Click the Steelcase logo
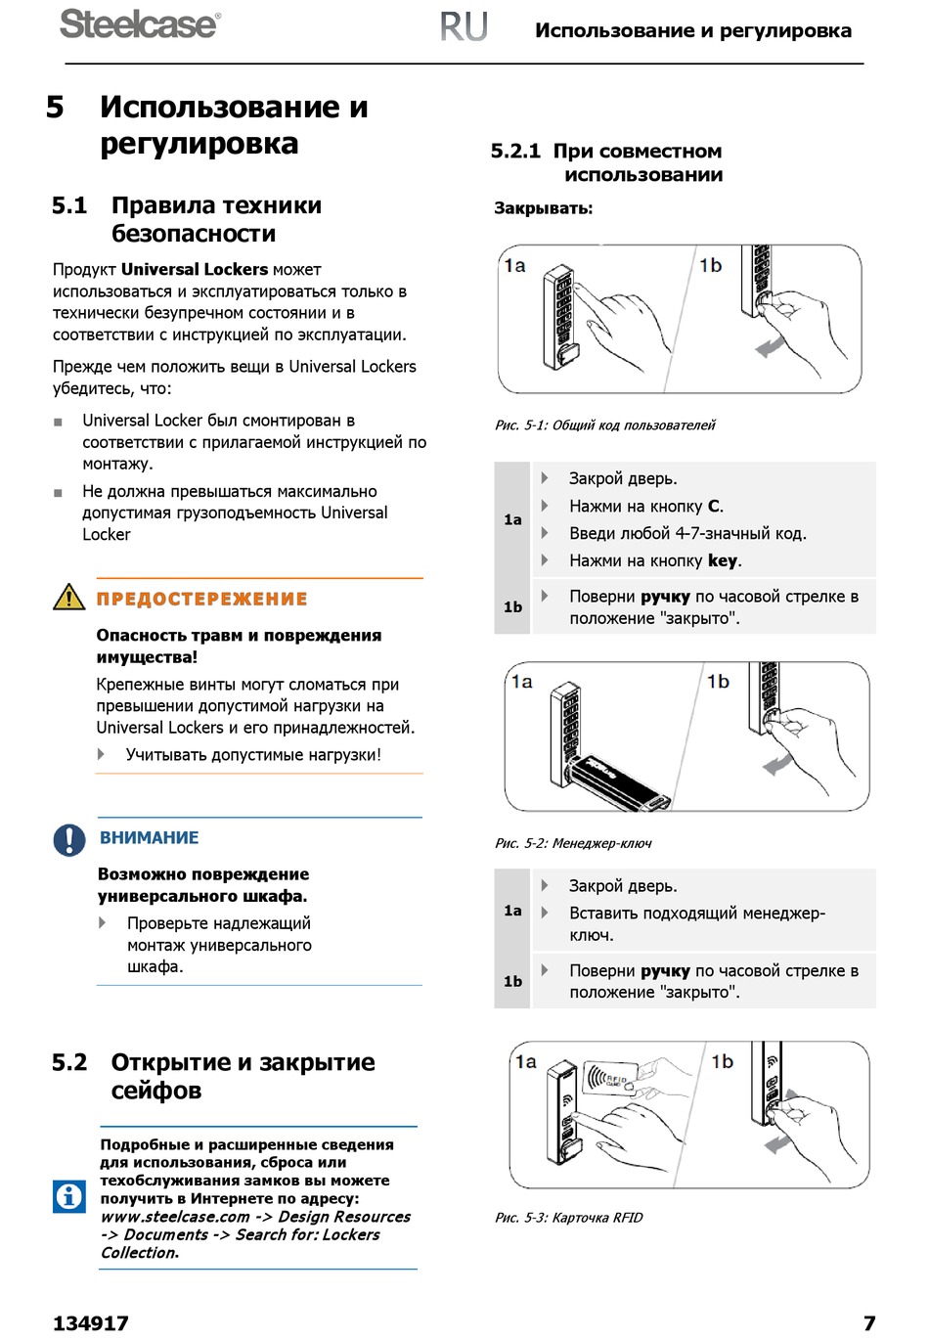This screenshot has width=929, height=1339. pos(140,24)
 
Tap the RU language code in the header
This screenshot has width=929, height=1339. pos(464,27)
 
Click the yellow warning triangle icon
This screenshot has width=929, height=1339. pos(69,597)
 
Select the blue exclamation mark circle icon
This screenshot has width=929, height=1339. pos(69,839)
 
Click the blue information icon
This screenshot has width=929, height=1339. pos(69,1195)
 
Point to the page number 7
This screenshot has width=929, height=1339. pos(868,1323)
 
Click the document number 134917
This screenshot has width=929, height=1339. pos(90,1323)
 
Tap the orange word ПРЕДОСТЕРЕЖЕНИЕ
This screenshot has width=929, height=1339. pos(201,599)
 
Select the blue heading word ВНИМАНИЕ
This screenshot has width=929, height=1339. pos(149,837)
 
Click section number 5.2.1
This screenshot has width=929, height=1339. pos(515,151)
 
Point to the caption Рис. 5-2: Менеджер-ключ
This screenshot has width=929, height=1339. pos(573,843)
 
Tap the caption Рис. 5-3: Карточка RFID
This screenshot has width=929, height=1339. pos(568,1218)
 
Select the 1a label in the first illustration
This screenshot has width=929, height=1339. pos(514,265)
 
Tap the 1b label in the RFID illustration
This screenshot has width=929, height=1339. pos(722,1061)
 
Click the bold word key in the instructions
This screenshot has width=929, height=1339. pos(723,560)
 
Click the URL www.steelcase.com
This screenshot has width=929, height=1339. pos(175,1217)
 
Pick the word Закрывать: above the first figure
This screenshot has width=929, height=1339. pos(543,208)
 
